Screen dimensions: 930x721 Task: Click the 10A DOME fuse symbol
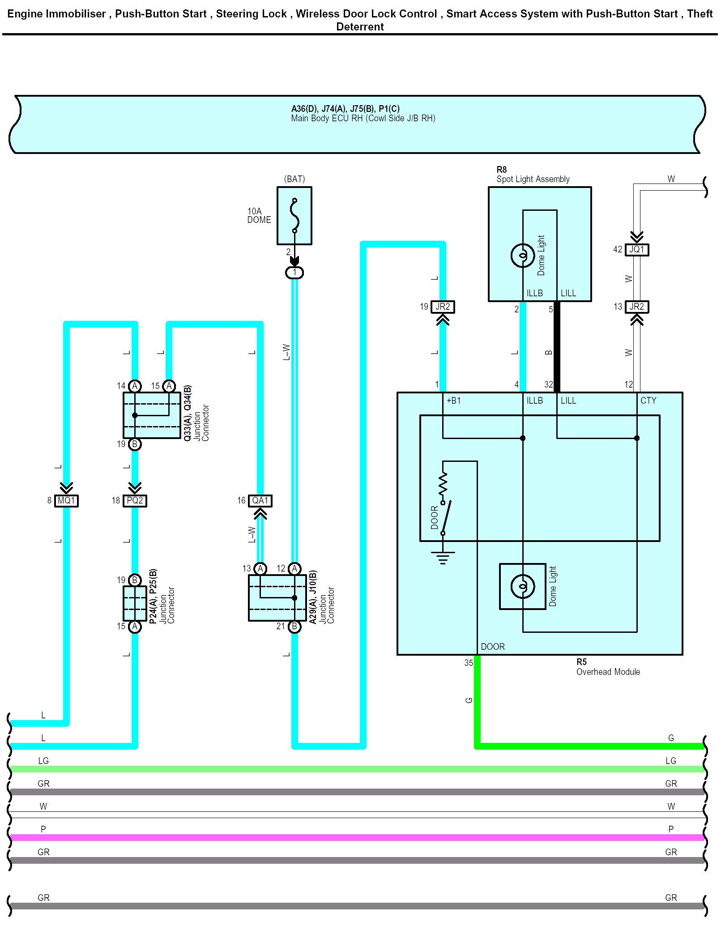(294, 216)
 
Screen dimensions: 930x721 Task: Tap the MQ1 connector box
(67, 500)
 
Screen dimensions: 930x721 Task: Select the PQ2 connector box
(135, 500)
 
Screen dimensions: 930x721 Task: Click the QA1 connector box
(260, 500)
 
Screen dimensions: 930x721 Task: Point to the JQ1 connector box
(636, 249)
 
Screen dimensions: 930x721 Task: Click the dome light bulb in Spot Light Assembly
(522, 256)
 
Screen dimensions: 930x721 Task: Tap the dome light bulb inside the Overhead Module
(522, 586)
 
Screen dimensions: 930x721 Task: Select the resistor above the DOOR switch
(443, 483)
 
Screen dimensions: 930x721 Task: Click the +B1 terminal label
(453, 401)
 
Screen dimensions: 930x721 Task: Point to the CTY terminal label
(648, 401)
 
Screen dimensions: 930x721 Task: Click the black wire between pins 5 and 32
(557, 347)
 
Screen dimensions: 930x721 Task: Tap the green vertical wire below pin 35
(477, 700)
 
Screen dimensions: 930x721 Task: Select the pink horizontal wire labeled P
(358, 837)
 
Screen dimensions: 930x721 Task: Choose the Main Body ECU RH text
(363, 118)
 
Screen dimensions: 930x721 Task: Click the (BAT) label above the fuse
(294, 179)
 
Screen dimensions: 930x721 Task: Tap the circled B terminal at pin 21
(294, 627)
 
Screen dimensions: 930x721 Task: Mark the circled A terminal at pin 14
(135, 386)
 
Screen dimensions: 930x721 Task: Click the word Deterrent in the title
(360, 27)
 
